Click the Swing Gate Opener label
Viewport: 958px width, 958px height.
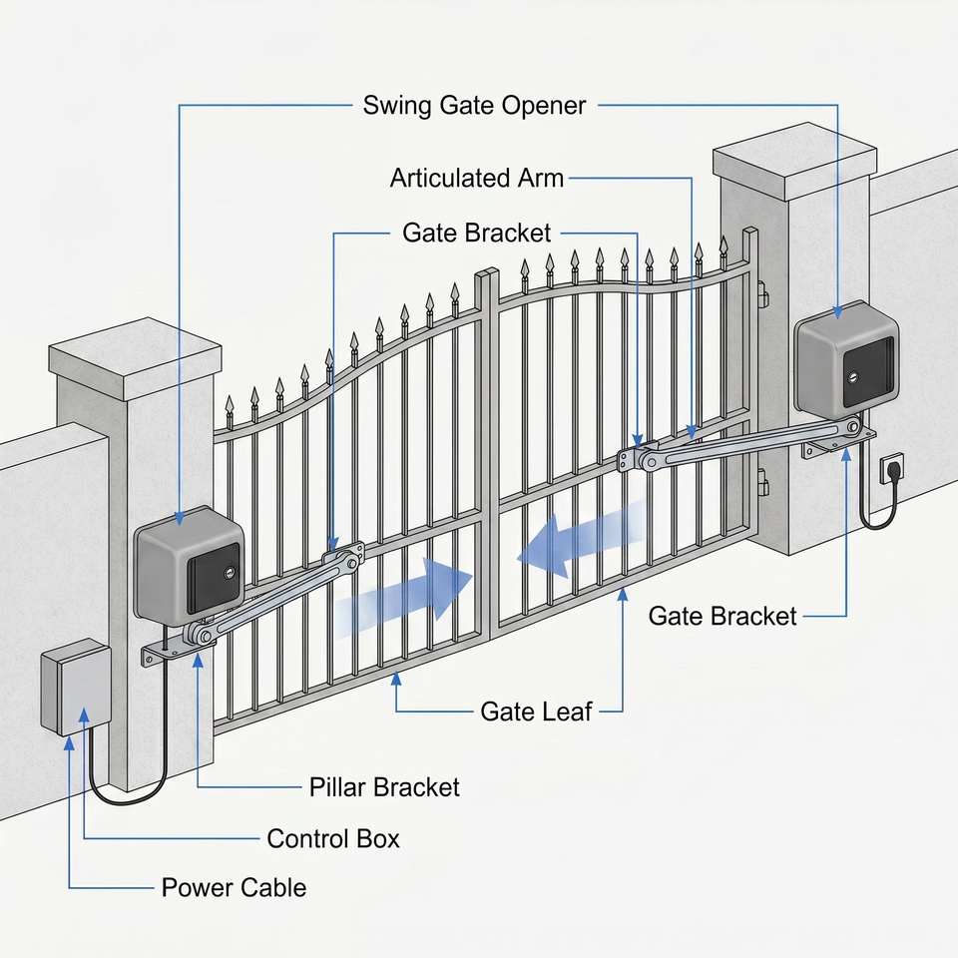474,106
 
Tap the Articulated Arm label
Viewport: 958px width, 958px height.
477,179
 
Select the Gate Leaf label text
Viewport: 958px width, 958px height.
536,712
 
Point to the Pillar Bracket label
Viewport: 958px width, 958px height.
384,787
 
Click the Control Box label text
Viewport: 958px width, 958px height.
333,839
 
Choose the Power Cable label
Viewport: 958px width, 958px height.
234,888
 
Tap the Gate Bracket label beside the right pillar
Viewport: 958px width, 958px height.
722,616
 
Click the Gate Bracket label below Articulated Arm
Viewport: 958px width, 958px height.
477,233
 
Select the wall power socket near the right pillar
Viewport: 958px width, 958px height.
891,469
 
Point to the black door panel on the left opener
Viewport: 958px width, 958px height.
214,578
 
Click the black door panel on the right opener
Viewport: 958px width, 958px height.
868,373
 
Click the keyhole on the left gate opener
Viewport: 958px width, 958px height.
230,573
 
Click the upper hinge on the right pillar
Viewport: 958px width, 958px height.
762,295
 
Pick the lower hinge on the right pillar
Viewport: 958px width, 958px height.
762,482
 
